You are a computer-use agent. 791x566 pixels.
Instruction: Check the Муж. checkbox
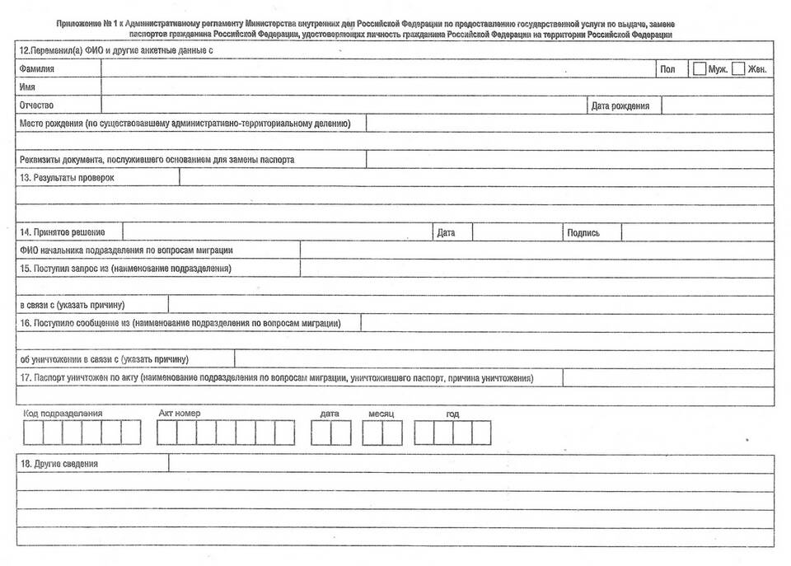click(x=700, y=69)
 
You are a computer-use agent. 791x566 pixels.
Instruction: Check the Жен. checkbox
click(x=738, y=69)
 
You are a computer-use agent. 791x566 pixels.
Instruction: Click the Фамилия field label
click(x=37, y=69)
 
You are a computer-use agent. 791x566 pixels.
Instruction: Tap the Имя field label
click(x=27, y=87)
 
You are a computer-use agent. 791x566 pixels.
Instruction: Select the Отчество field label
click(x=36, y=105)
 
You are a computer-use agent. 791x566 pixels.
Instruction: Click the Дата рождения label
click(x=620, y=105)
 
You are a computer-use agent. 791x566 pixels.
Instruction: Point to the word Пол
click(x=667, y=69)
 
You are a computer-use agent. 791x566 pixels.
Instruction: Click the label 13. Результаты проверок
click(x=67, y=177)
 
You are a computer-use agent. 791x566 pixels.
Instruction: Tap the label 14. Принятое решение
click(x=63, y=232)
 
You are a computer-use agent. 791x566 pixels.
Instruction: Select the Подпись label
click(x=583, y=233)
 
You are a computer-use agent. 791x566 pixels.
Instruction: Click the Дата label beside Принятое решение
click(x=446, y=233)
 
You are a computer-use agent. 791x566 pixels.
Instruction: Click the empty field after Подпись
click(x=697, y=232)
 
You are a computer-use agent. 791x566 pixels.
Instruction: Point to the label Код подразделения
click(x=63, y=413)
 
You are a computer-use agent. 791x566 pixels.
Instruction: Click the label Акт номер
click(x=180, y=413)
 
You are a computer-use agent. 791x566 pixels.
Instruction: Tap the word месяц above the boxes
click(x=381, y=413)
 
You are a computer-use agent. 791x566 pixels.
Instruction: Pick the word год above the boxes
click(x=452, y=414)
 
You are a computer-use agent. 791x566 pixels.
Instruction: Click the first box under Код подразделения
click(x=33, y=433)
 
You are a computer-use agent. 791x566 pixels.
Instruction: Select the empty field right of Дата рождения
click(x=717, y=105)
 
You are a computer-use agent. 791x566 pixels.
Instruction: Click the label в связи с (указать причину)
click(x=73, y=305)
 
